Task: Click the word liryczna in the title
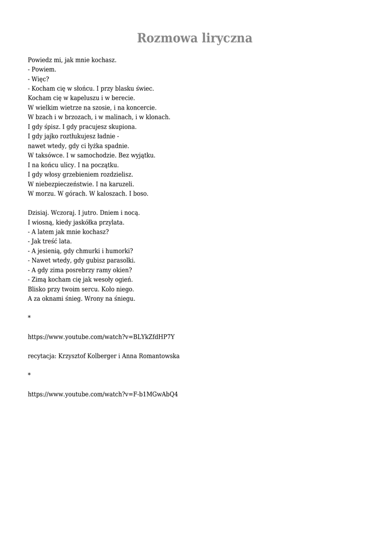[x=226, y=39]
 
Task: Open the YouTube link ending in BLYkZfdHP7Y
[x=101, y=337]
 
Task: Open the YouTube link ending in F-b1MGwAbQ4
[x=103, y=394]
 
